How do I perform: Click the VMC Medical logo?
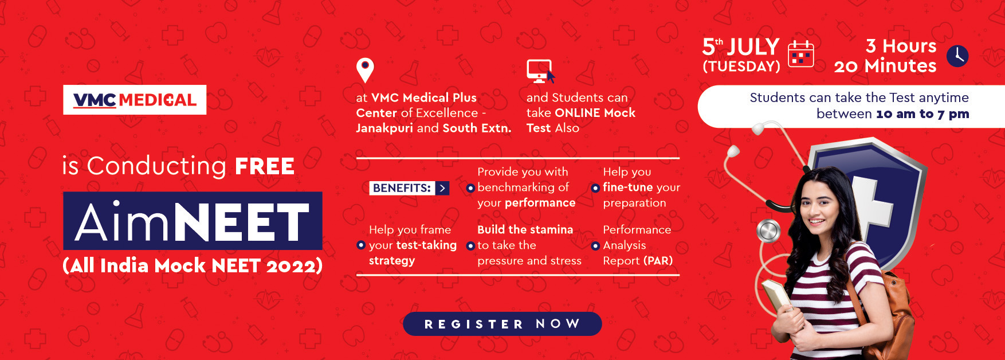(x=135, y=100)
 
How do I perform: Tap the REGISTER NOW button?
(x=502, y=324)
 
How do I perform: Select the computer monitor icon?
(x=540, y=72)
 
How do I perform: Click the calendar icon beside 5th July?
(x=801, y=54)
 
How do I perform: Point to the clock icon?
(x=957, y=56)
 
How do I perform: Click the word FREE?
(x=264, y=167)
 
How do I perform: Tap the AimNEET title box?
(x=193, y=221)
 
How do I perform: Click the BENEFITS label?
(x=402, y=188)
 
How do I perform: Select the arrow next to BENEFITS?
(x=442, y=188)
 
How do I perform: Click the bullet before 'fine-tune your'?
(x=595, y=188)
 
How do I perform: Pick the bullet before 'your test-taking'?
(x=360, y=245)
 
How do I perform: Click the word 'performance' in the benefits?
(x=540, y=203)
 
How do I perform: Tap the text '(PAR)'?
(x=658, y=261)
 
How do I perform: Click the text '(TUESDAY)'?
(x=741, y=66)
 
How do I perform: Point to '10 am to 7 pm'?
(x=922, y=114)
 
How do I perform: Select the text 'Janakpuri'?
(x=384, y=128)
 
